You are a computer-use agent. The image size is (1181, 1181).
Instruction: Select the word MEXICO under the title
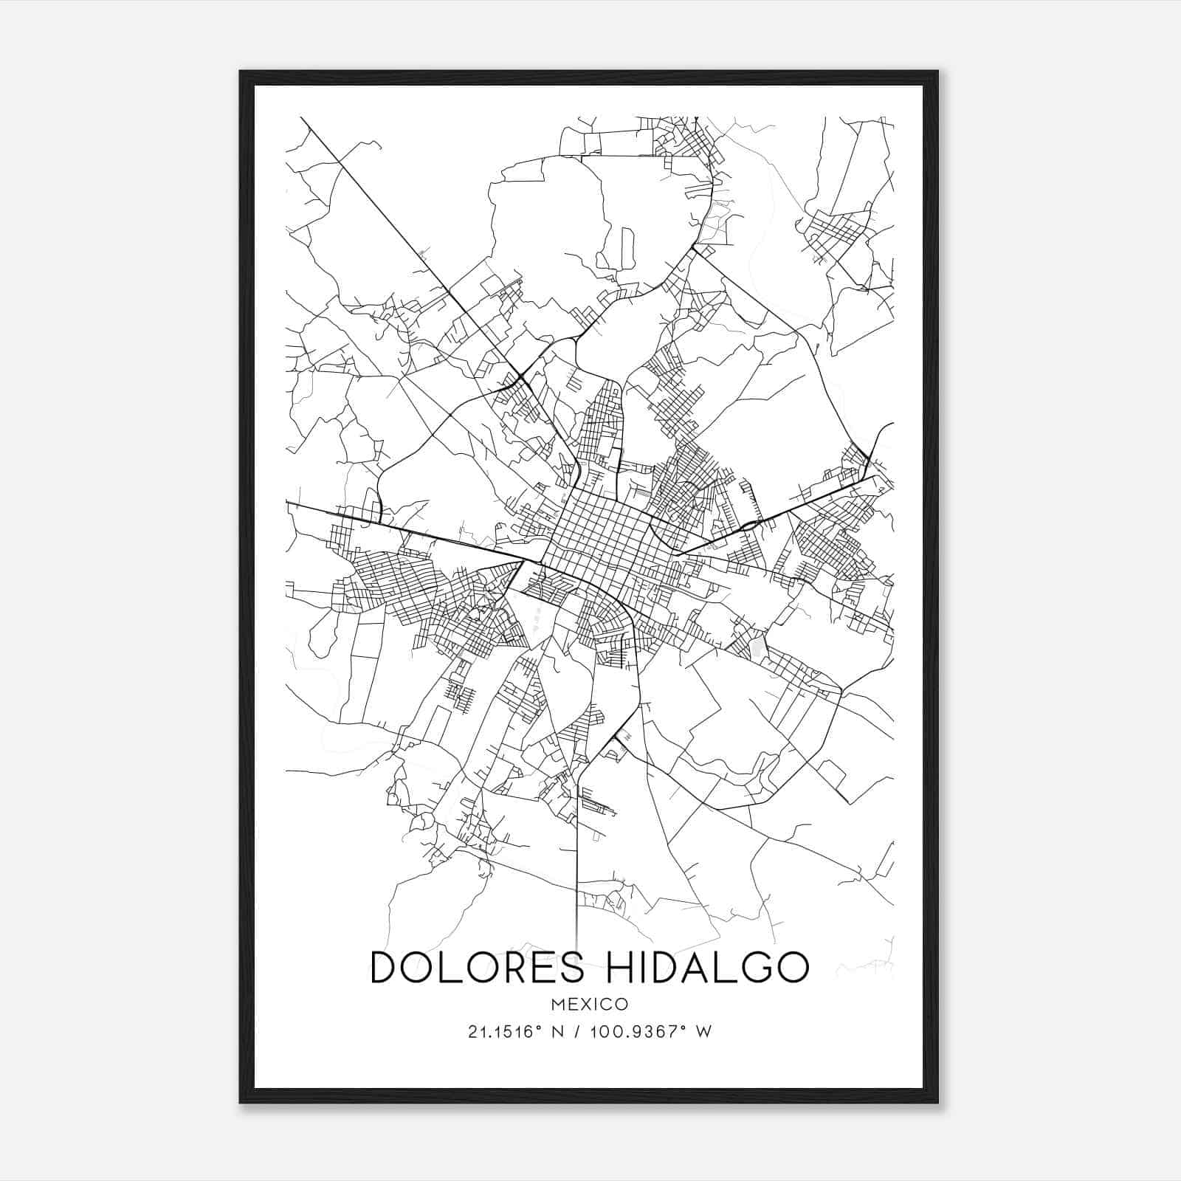(590, 1004)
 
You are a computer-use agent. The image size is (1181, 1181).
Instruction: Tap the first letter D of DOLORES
(384, 967)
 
